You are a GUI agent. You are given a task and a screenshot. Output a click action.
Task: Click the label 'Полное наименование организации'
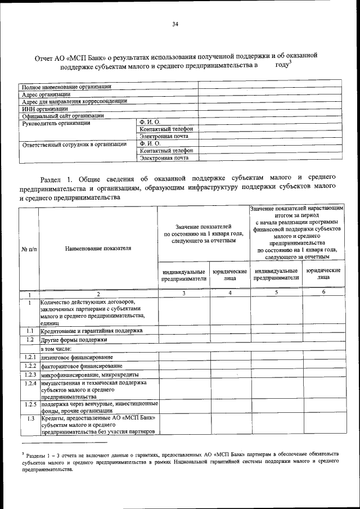pos(66,87)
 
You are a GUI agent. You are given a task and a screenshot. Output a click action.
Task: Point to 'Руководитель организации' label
pos(55,123)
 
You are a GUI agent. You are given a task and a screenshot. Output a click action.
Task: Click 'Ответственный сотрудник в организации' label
pos(74,144)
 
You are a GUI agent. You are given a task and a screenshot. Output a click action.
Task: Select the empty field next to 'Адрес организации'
pos(270,94)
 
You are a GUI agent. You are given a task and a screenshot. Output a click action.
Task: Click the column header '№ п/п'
pos(29,247)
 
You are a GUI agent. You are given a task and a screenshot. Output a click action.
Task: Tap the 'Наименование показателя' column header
pos(98,247)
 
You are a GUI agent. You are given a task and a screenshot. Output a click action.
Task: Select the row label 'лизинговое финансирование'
pos(76,357)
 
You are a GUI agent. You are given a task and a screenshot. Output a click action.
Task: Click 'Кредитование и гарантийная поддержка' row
pos(91,331)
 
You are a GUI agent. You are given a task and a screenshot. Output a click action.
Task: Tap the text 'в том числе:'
pos(57,349)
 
